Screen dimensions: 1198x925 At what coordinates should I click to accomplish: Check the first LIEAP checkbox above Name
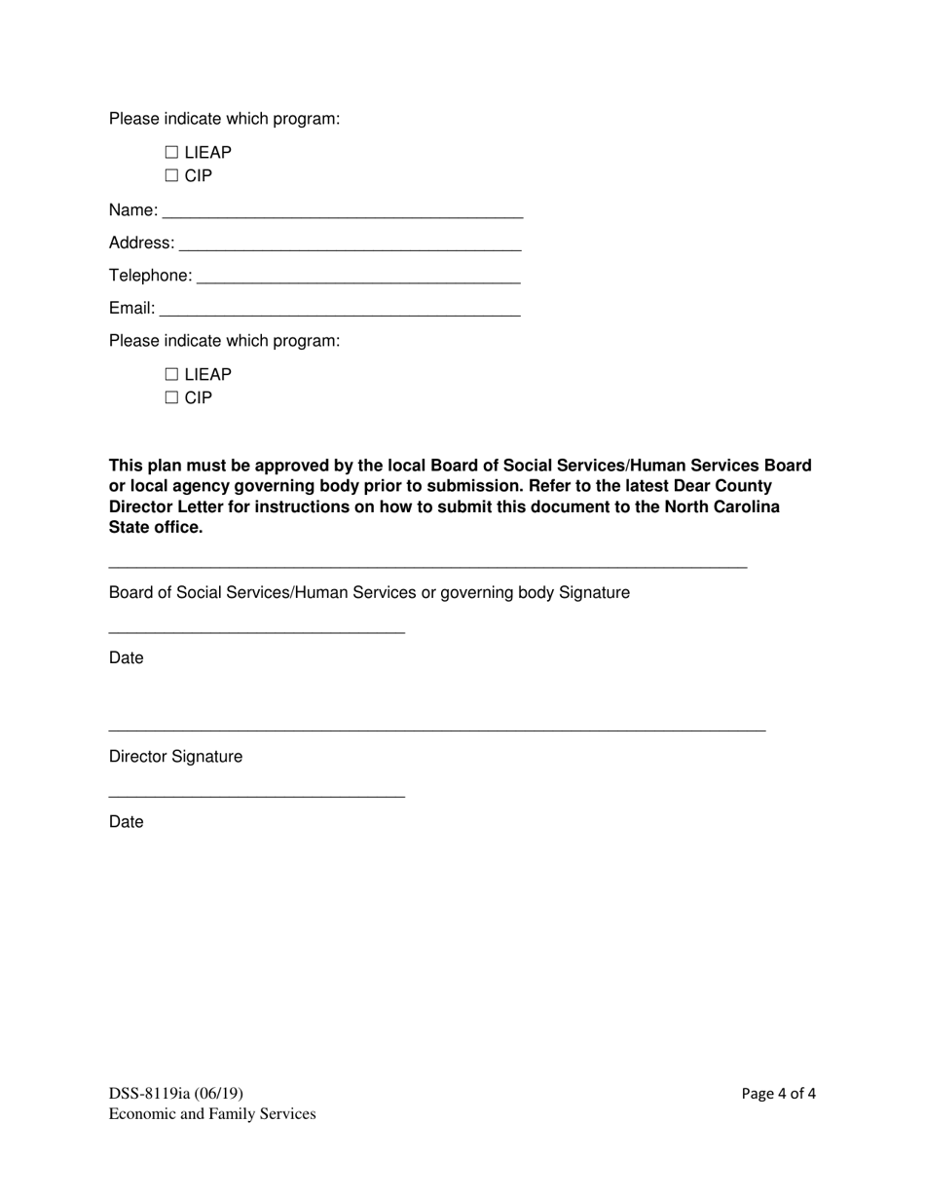(172, 153)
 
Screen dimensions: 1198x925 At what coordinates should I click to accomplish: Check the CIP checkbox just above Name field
(172, 176)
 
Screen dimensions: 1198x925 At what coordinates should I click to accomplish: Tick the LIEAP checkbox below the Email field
(172, 375)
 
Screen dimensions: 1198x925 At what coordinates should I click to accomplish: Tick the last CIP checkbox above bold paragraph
(172, 398)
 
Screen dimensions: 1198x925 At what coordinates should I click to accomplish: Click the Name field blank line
(343, 214)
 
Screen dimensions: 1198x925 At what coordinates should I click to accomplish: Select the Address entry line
(350, 247)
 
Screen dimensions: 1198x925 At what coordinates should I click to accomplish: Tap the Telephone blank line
(358, 281)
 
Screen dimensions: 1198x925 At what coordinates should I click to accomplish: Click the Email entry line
(340, 314)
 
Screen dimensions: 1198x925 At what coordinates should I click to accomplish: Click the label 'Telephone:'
(151, 277)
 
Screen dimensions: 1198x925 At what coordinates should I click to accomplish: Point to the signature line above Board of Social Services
(427, 567)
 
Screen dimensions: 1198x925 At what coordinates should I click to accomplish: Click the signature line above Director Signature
(437, 730)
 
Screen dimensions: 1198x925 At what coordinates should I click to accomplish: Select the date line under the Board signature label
(256, 633)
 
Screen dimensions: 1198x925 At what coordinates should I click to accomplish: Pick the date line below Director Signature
(256, 798)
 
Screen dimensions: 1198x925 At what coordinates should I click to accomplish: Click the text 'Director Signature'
(175, 757)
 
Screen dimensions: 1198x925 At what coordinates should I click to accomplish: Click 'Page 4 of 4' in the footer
(778, 1094)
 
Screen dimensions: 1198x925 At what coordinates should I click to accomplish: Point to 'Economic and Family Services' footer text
(212, 1114)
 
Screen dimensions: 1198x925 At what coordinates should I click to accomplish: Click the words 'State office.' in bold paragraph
(156, 528)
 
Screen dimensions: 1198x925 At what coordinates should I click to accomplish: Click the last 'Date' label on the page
(126, 822)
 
